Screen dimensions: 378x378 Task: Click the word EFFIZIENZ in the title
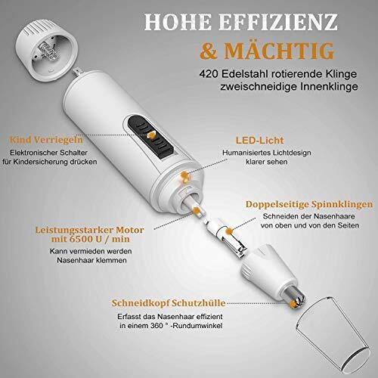point(277,22)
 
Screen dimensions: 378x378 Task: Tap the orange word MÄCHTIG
point(279,51)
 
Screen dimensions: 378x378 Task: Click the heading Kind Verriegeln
point(46,140)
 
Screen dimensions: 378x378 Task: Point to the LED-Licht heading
point(260,141)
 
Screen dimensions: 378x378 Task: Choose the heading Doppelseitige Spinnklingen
point(309,204)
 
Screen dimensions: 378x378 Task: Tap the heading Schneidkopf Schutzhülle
point(169,303)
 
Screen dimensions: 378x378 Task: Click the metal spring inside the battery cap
point(49,50)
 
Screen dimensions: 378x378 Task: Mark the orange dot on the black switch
point(151,135)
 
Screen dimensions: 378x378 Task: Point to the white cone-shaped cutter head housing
point(271,270)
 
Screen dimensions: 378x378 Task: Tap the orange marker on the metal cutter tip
point(293,304)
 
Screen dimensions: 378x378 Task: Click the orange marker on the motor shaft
point(196,210)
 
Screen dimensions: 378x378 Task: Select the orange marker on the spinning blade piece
point(229,231)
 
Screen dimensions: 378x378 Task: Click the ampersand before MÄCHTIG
point(208,51)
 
